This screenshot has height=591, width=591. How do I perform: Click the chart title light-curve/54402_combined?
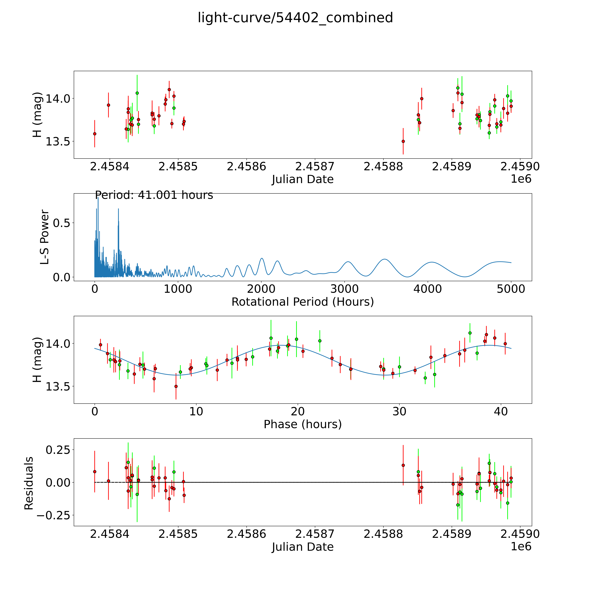(295, 18)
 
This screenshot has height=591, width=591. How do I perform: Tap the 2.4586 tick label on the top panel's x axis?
(246, 167)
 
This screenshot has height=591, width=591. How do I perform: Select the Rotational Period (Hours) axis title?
(303, 302)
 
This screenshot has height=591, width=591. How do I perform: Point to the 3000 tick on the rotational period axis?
(344, 289)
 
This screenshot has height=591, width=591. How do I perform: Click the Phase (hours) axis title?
(303, 424)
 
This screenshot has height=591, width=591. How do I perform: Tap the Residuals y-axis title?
(29, 483)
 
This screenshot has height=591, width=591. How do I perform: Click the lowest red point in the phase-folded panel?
(176, 386)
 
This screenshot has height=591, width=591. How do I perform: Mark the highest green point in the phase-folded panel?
(470, 333)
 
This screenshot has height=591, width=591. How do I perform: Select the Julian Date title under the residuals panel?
(303, 547)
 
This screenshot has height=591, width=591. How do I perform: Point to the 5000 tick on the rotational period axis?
(511, 289)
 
